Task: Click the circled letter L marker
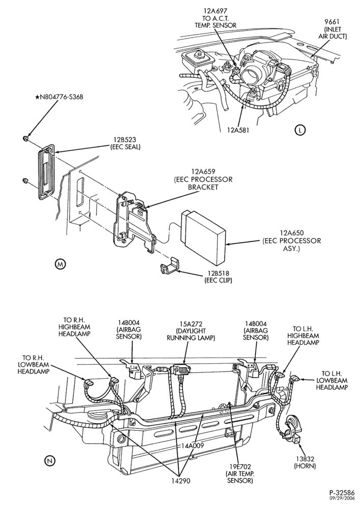pos(301,130)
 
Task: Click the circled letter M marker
pos(61,264)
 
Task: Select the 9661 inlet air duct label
pos(332,29)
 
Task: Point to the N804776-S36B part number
pos(60,97)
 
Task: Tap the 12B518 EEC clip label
pos(218,277)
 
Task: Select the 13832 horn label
pos(305,463)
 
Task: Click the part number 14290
pos(181,481)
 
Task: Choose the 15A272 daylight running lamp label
pos(191,331)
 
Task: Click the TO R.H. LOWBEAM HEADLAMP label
pos(34,364)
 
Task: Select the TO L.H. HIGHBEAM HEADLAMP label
pos(303,335)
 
